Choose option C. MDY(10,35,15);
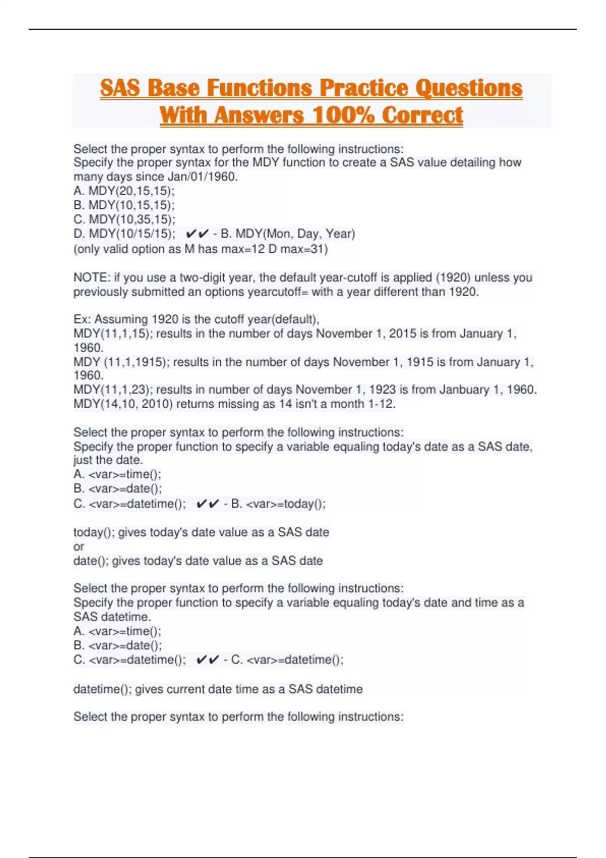pyautogui.click(x=125, y=220)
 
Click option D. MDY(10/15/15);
pyautogui.click(x=125, y=234)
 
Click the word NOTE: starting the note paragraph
pyautogui.click(x=91, y=278)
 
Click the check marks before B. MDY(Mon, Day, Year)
pyautogui.click(x=197, y=234)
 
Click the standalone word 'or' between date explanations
pyautogui.click(x=79, y=547)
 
